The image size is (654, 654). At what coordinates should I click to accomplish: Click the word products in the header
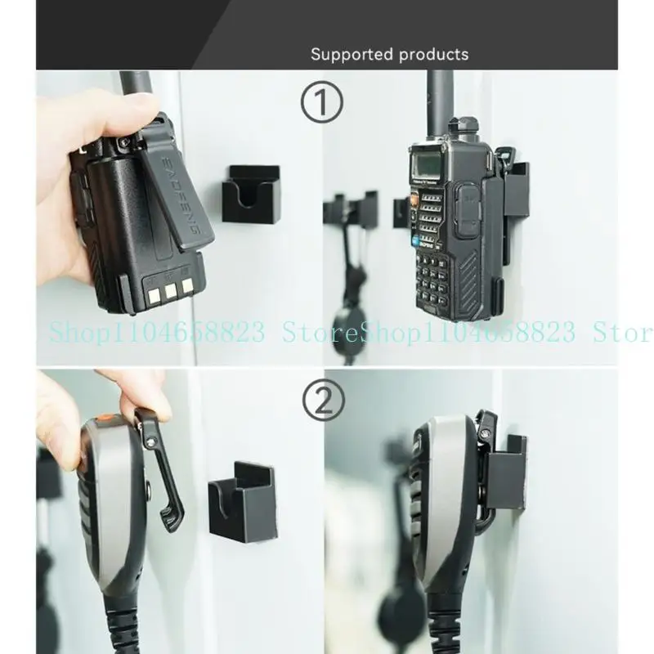click(x=433, y=55)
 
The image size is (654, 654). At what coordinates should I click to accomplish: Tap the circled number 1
click(x=323, y=104)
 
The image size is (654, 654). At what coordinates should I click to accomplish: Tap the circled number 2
click(x=323, y=401)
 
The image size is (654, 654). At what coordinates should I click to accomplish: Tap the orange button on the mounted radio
click(x=414, y=200)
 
